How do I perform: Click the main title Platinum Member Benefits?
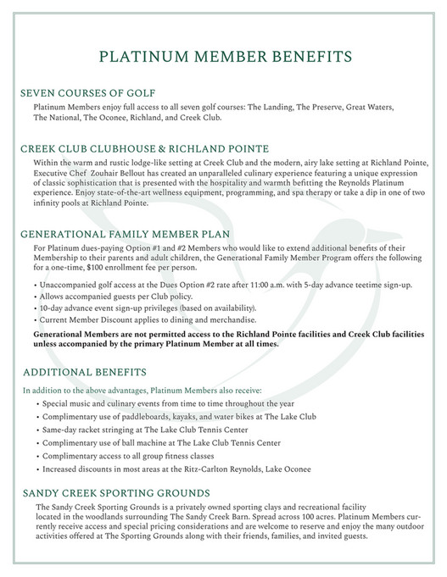[224, 58]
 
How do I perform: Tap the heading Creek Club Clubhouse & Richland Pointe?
[144, 148]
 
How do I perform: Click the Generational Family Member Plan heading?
[126, 233]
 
